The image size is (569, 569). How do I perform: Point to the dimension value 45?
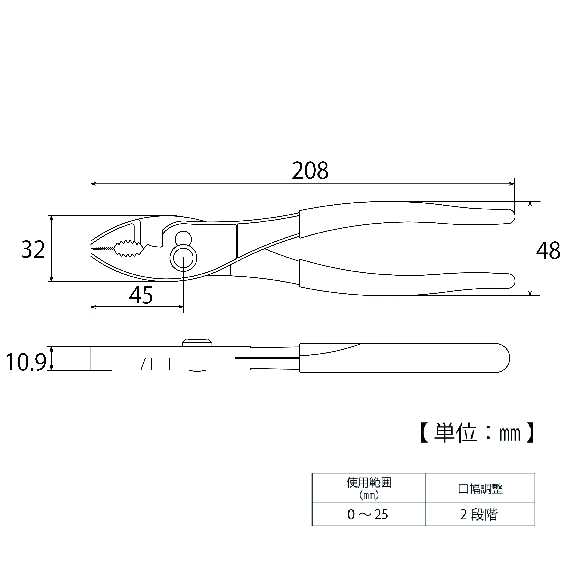pos(141,295)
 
